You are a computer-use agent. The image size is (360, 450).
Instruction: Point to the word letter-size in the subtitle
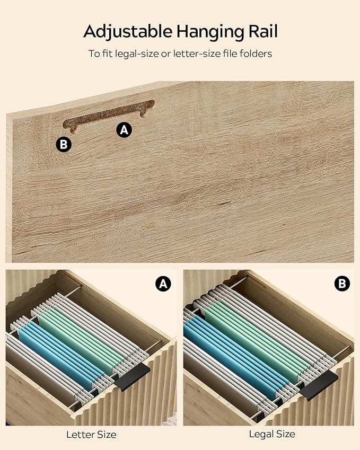tap(197, 54)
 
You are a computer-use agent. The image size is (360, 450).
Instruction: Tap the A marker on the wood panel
tap(124, 130)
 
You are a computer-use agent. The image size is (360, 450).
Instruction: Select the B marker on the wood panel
tap(64, 144)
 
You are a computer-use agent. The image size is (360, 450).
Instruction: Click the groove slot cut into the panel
tap(109, 115)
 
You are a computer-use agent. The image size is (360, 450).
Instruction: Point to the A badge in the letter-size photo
tap(163, 284)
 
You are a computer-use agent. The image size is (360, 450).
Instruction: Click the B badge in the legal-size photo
tap(342, 284)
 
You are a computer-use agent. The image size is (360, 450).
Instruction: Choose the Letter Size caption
tap(91, 435)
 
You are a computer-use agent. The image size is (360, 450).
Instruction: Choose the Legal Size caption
tap(272, 434)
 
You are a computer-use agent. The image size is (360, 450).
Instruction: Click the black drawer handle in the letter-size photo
tap(134, 377)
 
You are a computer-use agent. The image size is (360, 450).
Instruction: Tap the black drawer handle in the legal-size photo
tap(319, 385)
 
